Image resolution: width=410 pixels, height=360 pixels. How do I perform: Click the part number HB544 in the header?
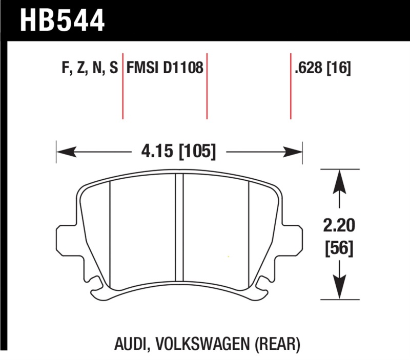click(x=62, y=20)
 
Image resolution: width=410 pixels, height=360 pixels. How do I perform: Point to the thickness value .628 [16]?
click(x=322, y=68)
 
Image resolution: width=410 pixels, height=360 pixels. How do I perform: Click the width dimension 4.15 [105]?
click(x=178, y=152)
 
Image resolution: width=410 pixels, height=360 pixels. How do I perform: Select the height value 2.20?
click(x=338, y=225)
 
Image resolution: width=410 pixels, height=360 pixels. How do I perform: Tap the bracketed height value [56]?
click(x=338, y=249)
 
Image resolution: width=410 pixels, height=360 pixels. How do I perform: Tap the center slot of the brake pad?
click(x=179, y=230)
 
